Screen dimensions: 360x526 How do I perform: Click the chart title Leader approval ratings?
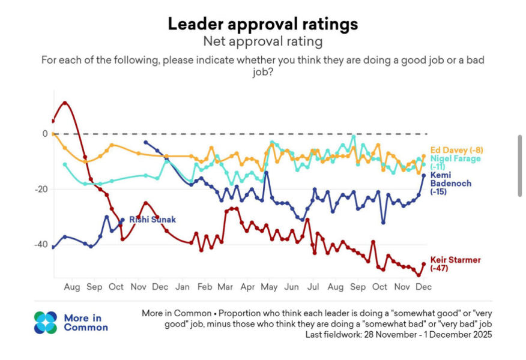[262, 24]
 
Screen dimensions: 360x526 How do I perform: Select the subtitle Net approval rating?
[262, 41]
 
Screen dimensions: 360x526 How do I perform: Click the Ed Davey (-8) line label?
[457, 150]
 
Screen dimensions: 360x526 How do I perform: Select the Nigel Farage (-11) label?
[455, 162]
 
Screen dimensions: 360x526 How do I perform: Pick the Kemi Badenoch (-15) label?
[451, 183]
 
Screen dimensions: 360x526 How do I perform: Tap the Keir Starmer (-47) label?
[455, 263]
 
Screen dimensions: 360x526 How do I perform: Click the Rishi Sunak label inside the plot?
[153, 220]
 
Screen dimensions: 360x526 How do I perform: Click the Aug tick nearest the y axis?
[72, 287]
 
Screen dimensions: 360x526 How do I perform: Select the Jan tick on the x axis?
[183, 287]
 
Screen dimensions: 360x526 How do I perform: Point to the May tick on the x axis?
[269, 287]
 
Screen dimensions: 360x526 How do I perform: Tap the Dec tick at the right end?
[423, 287]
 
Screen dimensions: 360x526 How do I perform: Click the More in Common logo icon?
[46, 322]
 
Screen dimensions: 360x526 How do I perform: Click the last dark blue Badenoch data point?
[423, 175]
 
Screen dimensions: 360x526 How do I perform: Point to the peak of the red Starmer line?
[65, 103]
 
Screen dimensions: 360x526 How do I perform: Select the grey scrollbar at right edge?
[520, 165]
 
